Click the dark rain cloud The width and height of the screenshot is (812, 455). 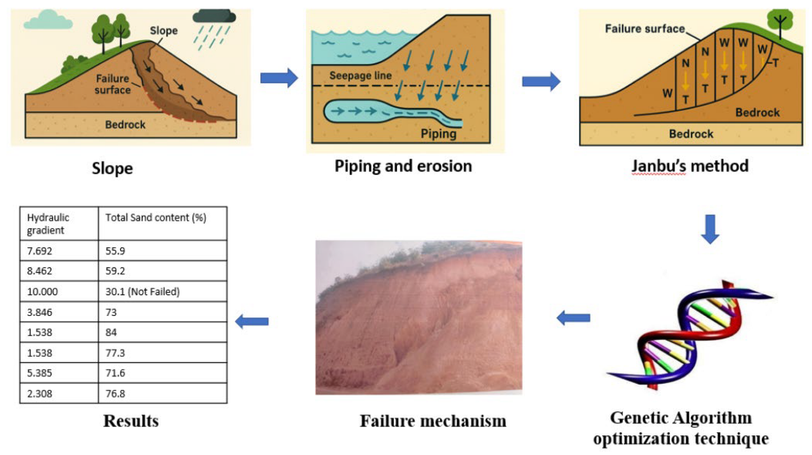tap(214, 17)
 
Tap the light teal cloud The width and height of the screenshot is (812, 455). tap(48, 21)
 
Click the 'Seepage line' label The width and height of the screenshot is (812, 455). tap(360, 75)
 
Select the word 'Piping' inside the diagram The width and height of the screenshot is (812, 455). tap(438, 134)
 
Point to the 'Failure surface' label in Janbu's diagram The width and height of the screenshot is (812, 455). tap(645, 29)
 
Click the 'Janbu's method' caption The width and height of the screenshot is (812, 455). tap(690, 166)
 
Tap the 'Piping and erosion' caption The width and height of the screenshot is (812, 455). tap(403, 166)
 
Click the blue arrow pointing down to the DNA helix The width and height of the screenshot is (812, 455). tap(710, 229)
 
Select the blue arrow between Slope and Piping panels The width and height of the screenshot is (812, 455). tap(279, 78)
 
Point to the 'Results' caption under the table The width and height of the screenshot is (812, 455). tap(131, 421)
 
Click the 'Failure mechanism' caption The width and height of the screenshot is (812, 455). tap(433, 421)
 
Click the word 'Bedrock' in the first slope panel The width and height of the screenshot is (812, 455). tap(125, 125)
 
